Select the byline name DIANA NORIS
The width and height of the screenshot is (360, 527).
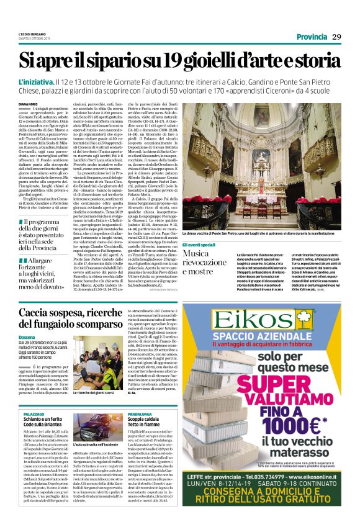click(29, 105)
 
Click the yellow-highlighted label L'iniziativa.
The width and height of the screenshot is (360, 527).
click(36, 82)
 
